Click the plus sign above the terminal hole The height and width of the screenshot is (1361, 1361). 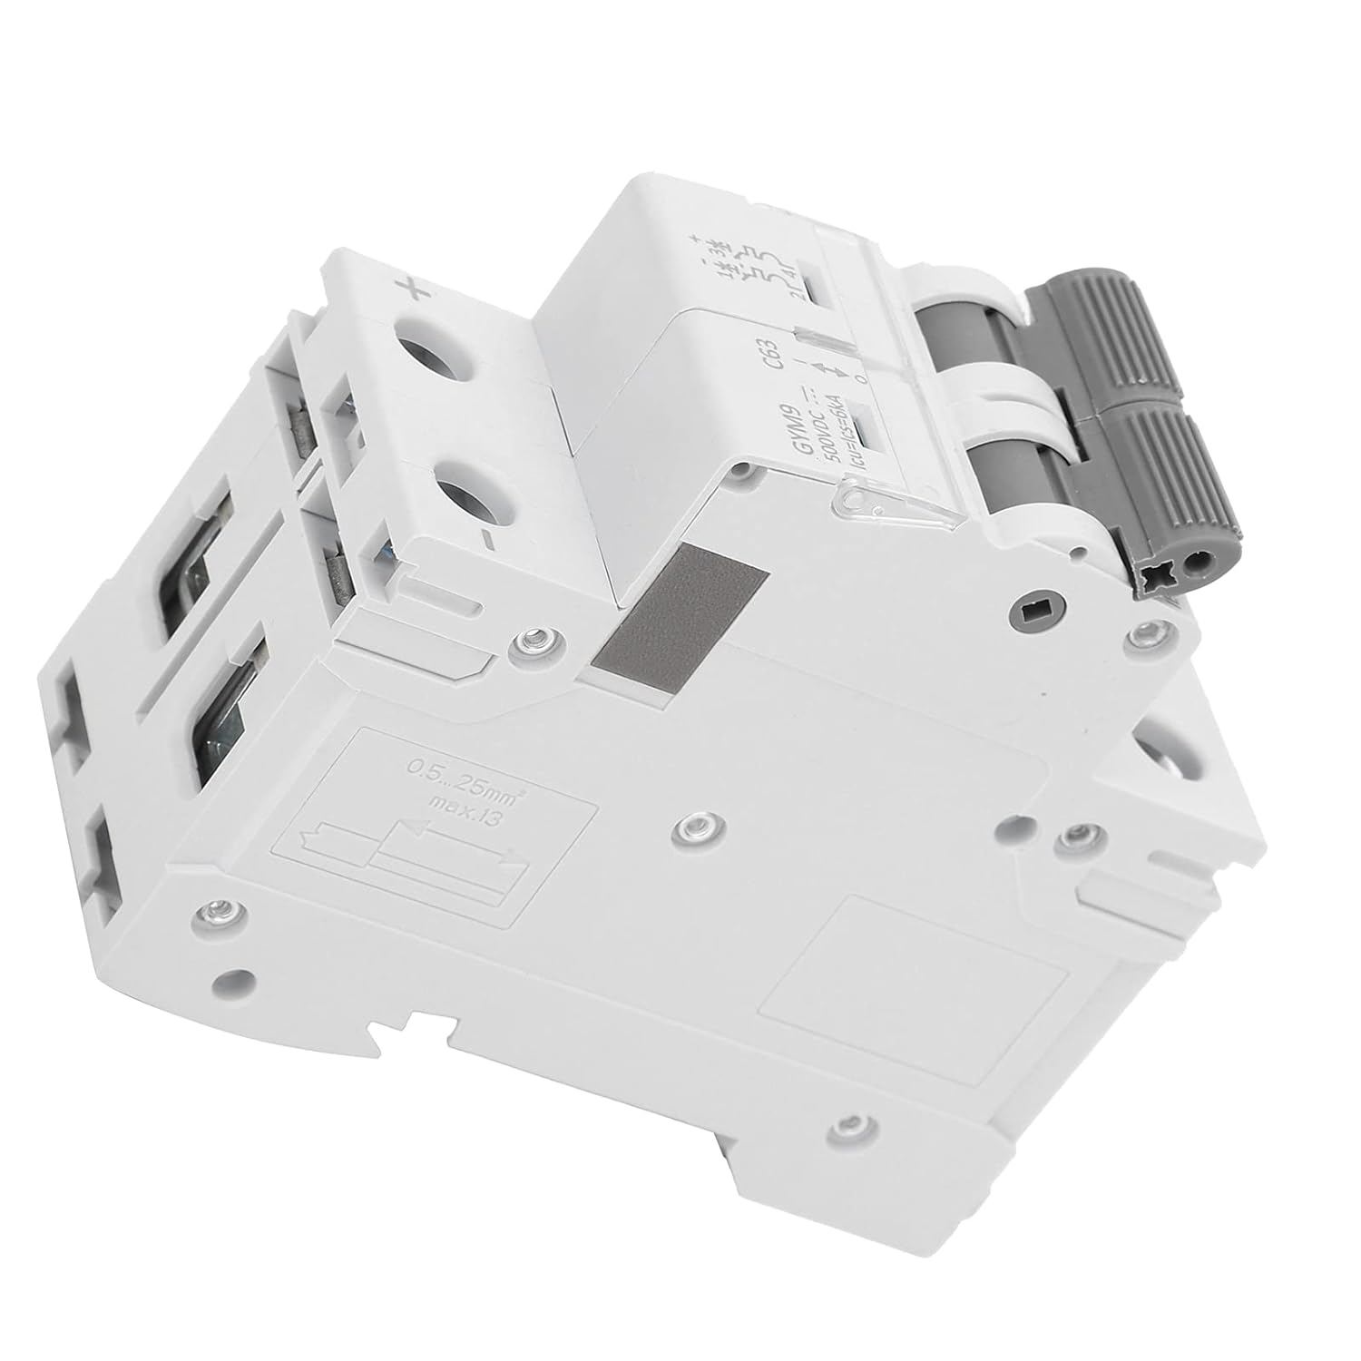click(416, 291)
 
